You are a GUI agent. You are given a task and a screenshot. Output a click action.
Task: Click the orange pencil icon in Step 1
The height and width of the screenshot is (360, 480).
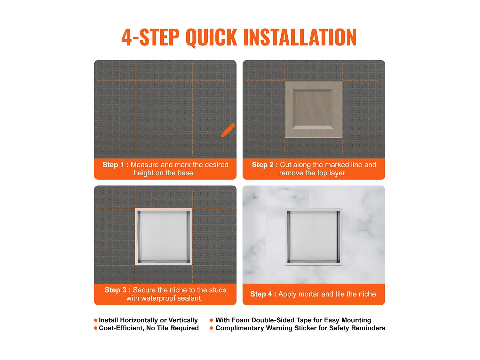click(x=228, y=130)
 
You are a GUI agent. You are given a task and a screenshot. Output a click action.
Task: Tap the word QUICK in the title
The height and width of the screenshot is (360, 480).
click(x=212, y=37)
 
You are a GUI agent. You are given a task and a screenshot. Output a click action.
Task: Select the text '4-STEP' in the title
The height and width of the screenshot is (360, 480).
click(x=150, y=37)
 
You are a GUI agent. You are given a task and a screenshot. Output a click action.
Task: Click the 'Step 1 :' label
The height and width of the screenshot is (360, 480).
click(x=115, y=164)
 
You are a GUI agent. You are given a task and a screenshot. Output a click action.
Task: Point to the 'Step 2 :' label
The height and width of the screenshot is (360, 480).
click(x=265, y=164)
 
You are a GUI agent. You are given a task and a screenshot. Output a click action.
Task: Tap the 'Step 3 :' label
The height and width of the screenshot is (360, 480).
click(x=117, y=290)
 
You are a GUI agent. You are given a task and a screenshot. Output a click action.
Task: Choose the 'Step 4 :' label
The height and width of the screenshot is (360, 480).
click(x=263, y=294)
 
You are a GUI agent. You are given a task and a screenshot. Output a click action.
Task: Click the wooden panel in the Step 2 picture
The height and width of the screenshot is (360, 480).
click(x=313, y=109)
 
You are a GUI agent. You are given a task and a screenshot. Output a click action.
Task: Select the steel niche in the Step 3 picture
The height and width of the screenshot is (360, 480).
click(x=164, y=237)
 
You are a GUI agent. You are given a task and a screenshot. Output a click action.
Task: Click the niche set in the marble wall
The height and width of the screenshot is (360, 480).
click(x=314, y=237)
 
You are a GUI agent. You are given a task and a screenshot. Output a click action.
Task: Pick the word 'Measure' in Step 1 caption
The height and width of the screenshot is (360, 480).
click(x=145, y=164)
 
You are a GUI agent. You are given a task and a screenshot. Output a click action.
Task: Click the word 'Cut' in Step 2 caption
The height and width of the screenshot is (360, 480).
click(x=285, y=164)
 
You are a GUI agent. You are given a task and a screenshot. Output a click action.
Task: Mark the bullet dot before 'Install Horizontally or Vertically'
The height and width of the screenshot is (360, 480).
click(x=96, y=320)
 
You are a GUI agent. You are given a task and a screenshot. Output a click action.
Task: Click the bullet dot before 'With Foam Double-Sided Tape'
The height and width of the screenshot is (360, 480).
click(x=211, y=320)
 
